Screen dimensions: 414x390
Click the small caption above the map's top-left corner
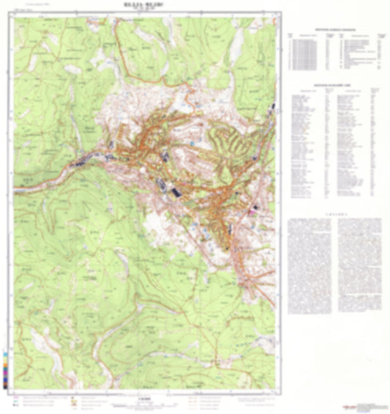point(28,8)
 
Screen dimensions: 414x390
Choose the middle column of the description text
point(336,264)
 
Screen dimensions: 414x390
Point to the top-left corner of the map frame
point(13,14)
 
